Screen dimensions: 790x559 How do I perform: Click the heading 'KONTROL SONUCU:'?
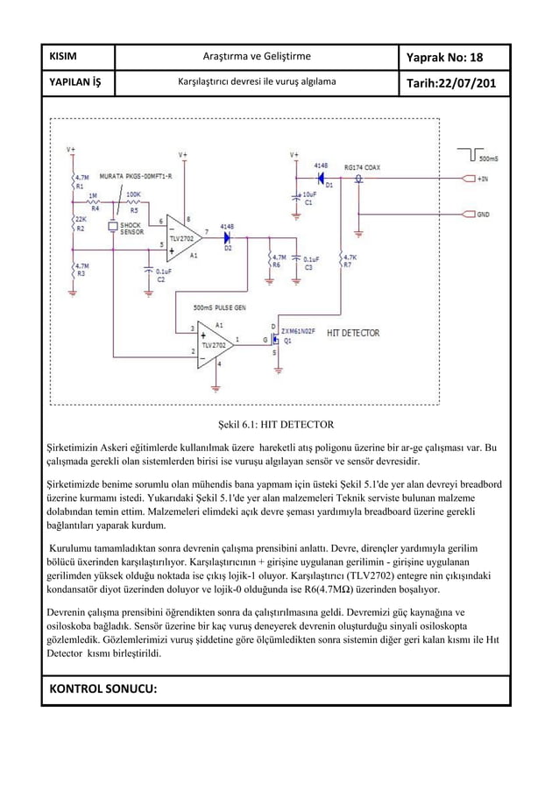tap(103, 689)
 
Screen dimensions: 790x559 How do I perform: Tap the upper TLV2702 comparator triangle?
tap(184, 236)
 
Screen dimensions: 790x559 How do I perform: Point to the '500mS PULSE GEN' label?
tap(219, 308)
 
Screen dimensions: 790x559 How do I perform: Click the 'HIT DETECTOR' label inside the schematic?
tap(353, 334)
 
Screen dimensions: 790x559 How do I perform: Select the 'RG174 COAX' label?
tap(362, 165)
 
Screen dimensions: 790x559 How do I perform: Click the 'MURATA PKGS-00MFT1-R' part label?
tap(135, 175)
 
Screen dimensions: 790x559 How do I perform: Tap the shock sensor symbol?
tap(112, 228)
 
